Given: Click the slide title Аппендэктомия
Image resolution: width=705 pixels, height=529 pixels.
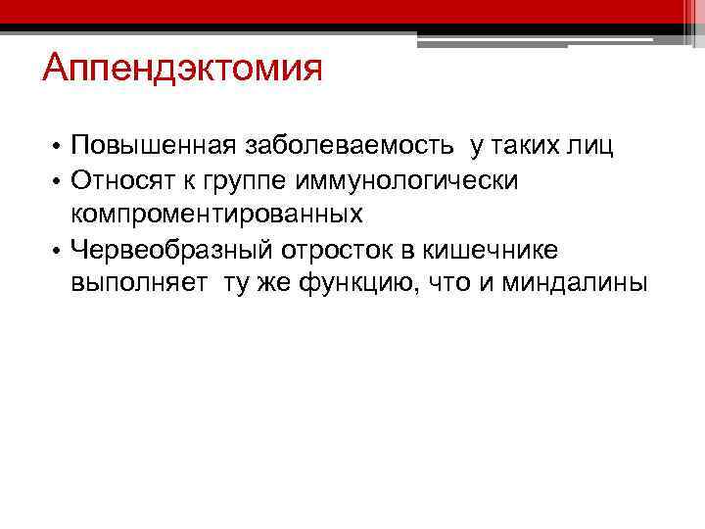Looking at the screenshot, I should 182,72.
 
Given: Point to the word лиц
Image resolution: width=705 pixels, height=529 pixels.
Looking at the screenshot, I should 592,147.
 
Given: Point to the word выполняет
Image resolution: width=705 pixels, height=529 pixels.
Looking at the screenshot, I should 134,284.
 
